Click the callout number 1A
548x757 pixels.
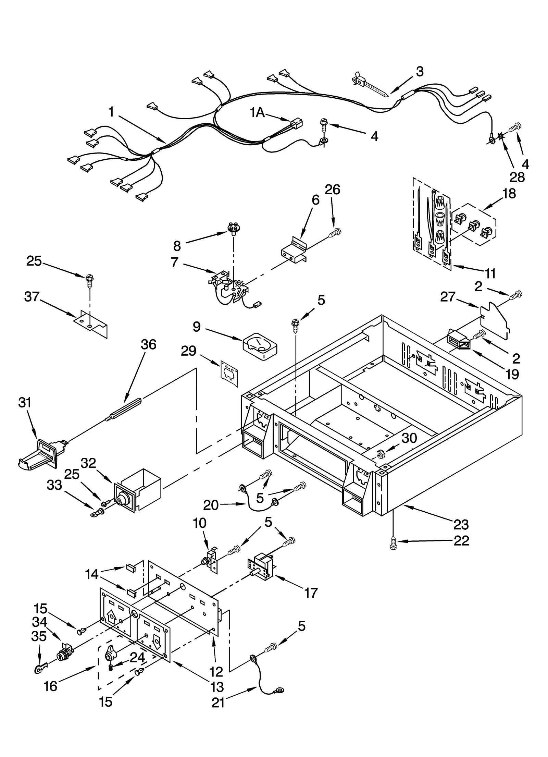[x=257, y=112]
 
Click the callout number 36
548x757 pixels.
[x=148, y=344]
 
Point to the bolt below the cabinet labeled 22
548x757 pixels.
[x=393, y=546]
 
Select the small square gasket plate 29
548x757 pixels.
[x=229, y=374]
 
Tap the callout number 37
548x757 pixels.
[x=32, y=296]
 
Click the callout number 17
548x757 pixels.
[x=311, y=593]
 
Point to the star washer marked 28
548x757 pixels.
[x=501, y=136]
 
